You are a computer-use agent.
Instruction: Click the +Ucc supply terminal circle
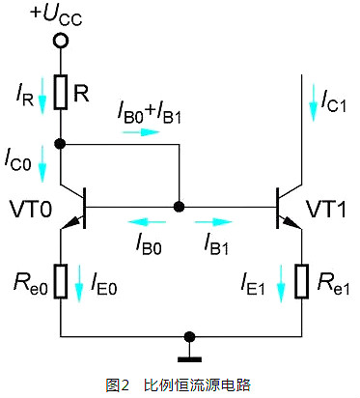60,42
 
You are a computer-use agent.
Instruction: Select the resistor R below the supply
61,92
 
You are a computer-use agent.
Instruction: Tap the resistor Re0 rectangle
61,281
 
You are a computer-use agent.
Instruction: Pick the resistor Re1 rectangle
301,281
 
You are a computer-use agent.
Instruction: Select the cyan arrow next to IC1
313,102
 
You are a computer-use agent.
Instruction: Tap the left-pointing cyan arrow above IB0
147,222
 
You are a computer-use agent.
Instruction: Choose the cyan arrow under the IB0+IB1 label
141,132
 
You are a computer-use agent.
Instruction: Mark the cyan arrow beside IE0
79,283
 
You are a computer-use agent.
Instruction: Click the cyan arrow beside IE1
281,283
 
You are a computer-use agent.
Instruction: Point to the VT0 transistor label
31,210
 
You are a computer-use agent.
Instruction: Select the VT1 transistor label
326,210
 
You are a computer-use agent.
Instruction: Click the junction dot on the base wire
179,207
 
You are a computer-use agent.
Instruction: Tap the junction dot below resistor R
60,144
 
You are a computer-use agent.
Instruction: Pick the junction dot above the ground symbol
189,337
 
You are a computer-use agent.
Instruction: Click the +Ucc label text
56,15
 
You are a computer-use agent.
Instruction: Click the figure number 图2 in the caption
117,384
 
